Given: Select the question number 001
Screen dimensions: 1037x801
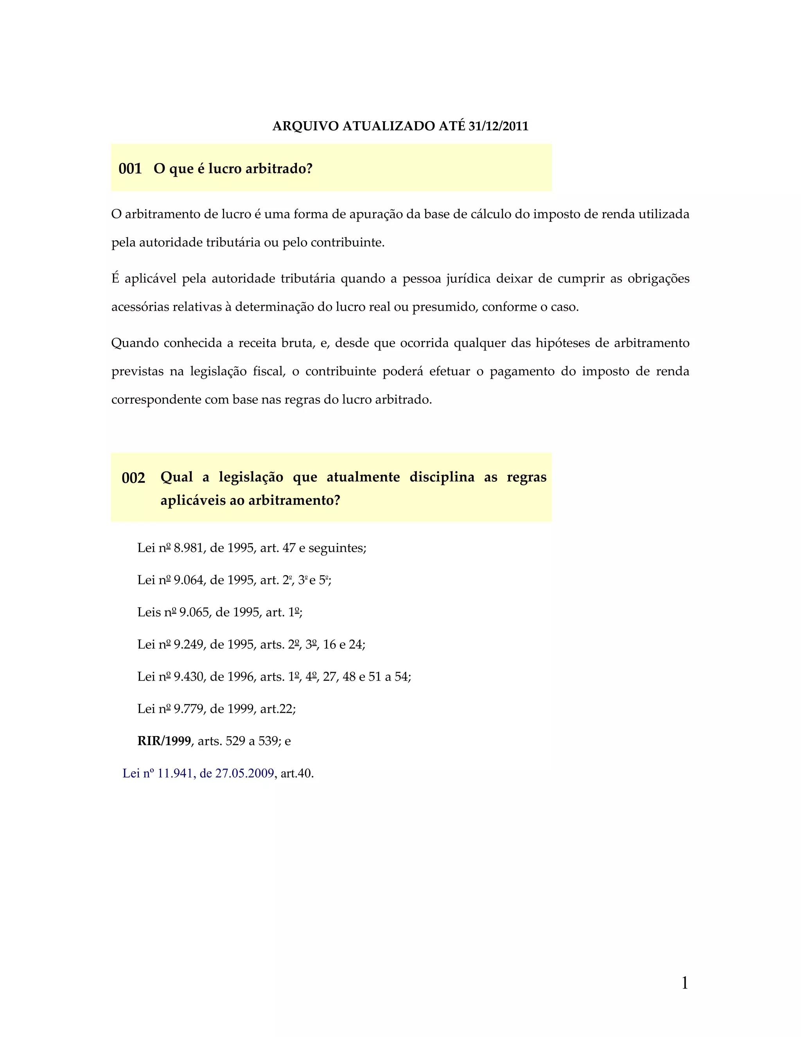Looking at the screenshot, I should pyautogui.click(x=130, y=169).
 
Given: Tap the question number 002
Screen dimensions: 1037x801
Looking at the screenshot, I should pyautogui.click(x=133, y=478).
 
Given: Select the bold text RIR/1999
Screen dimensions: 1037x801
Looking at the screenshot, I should pyautogui.click(x=164, y=741).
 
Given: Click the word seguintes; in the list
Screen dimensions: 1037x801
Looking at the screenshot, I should pyautogui.click(x=338, y=548).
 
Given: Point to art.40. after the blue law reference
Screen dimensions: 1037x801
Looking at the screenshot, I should pyautogui.click(x=297, y=774).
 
